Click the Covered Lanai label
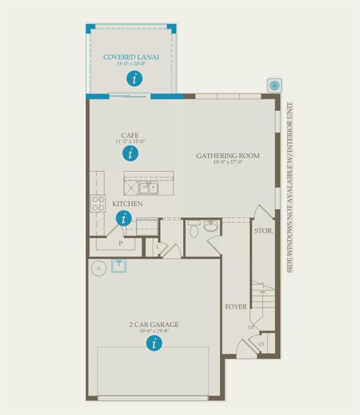[131, 57]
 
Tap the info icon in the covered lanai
[134, 78]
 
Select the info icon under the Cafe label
[131, 153]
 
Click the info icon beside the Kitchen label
[124, 219]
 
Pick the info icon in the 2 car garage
[154, 343]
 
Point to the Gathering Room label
[228, 156]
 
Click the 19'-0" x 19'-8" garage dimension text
[154, 331]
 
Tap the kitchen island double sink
[148, 188]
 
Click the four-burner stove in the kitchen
[98, 203]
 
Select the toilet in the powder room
[194, 229]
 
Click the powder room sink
[210, 226]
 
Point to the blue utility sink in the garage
[119, 266]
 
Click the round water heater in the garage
[99, 268]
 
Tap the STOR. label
[263, 231]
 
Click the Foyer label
[236, 307]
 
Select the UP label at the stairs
[251, 327]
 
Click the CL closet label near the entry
[262, 344]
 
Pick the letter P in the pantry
[121, 243]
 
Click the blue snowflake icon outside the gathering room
[274, 85]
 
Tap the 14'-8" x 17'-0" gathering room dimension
[228, 162]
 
